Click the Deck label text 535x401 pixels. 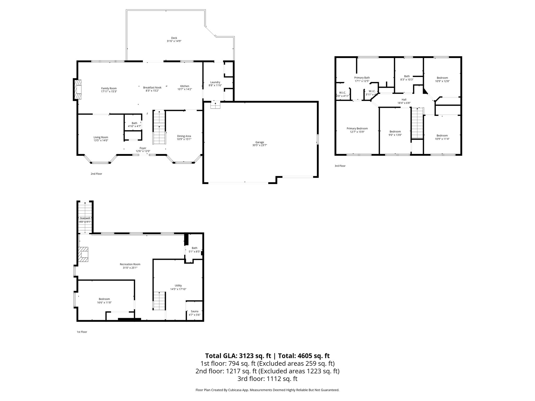click(174, 38)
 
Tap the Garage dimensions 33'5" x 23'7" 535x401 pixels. click(260, 145)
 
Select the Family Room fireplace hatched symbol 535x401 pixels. click(78, 90)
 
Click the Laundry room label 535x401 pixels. click(215, 82)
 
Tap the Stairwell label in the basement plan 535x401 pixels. click(85, 218)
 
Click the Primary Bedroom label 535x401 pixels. click(357, 128)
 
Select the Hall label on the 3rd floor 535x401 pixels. click(404, 99)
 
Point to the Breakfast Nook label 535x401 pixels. click(152, 87)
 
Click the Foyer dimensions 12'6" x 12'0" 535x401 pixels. click(143, 151)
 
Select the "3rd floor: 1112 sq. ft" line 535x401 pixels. click(267, 379)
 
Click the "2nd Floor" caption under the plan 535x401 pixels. click(96, 174)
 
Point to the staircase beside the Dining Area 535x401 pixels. click(159, 127)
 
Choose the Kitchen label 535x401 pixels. click(185, 86)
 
